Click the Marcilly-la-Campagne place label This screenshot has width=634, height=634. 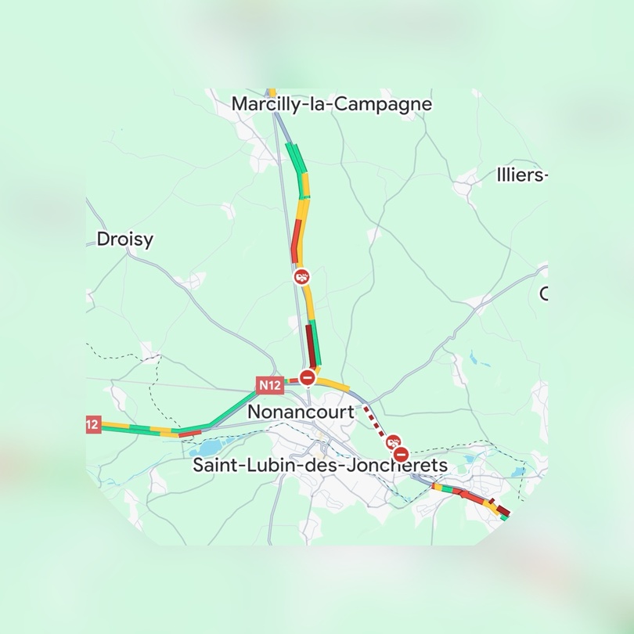(332, 104)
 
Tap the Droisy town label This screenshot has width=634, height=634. (125, 239)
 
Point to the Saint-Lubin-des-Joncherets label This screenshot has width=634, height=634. (320, 466)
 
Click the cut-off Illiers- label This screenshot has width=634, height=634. (521, 175)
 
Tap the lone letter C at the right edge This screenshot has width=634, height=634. (543, 294)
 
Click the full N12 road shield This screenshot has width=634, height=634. (269, 384)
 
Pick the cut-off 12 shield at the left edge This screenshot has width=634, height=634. (92, 424)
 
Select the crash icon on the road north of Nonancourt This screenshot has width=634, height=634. (301, 276)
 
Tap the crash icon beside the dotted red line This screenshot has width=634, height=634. (394, 442)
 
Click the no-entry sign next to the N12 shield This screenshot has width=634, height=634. (308, 379)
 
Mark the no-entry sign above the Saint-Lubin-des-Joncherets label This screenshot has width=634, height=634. (402, 454)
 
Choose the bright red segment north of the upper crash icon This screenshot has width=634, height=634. (296, 241)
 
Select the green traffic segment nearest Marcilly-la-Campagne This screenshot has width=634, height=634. (296, 157)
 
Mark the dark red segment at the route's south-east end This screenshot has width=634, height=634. (503, 510)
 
